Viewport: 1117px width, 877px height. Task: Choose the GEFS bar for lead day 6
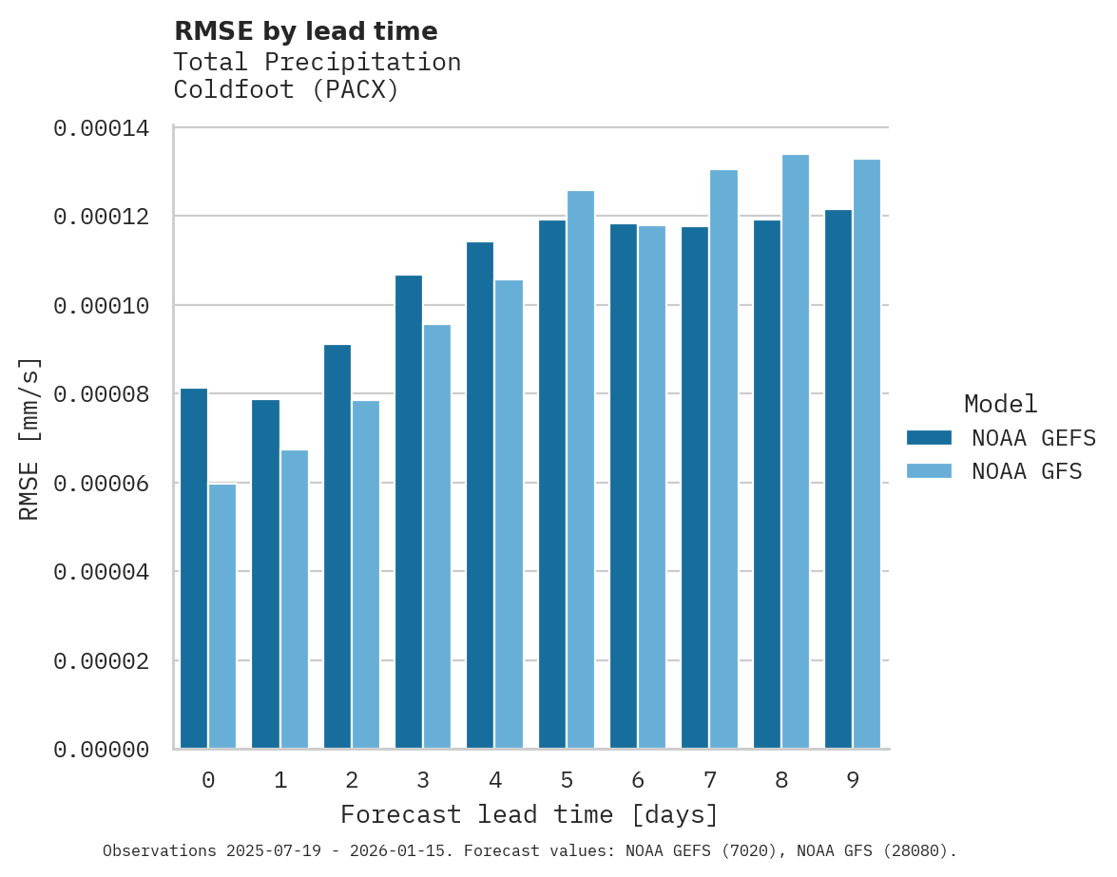(624, 486)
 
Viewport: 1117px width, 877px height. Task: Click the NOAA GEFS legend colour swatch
(929, 437)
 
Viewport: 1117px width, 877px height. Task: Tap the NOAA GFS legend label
(1027, 471)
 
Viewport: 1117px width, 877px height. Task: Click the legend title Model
(1000, 404)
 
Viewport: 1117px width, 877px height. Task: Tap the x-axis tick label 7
(710, 781)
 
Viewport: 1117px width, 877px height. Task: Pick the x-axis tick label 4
(495, 781)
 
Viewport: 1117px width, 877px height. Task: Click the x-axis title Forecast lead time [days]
(530, 815)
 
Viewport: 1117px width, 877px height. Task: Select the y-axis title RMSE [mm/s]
(29, 439)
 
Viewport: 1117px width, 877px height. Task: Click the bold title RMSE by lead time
(306, 31)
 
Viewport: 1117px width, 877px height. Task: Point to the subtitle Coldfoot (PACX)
(286, 90)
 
